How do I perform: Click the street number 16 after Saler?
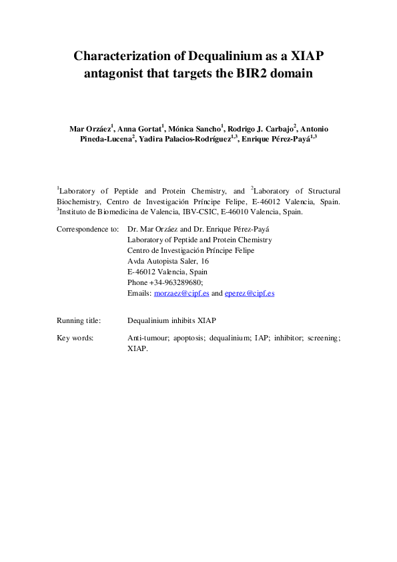tap(204, 261)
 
